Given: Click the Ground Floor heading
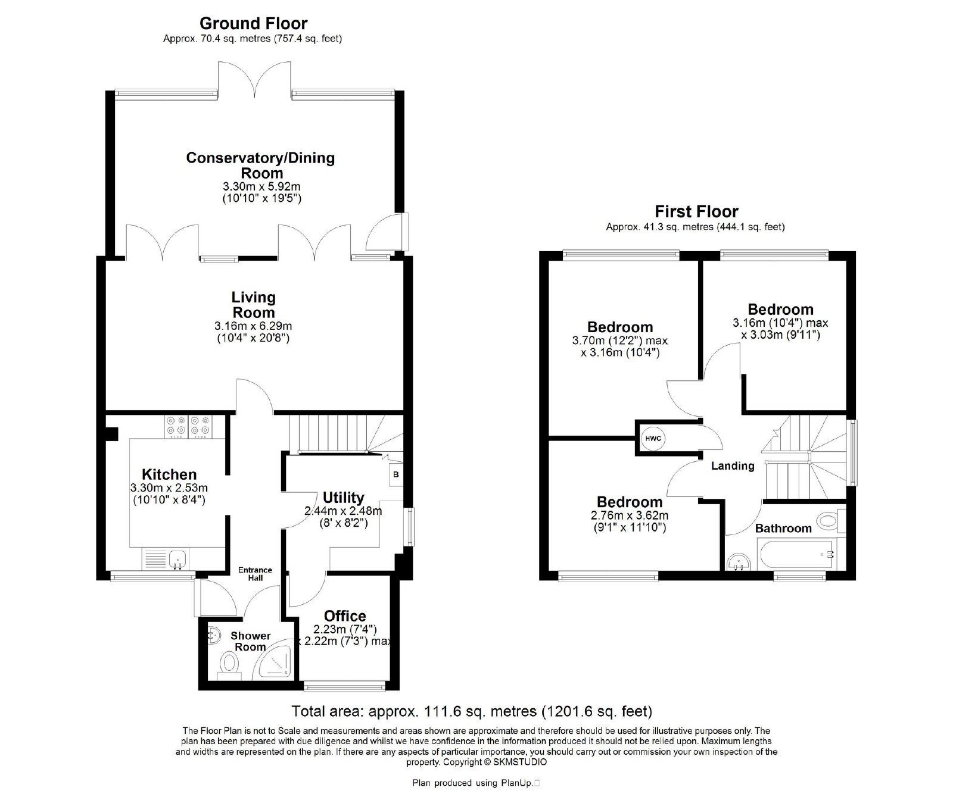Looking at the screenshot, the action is (x=253, y=23).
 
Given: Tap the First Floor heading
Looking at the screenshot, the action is (x=696, y=211).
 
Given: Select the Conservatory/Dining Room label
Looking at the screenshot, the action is (x=261, y=165).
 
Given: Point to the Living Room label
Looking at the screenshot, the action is (x=254, y=305).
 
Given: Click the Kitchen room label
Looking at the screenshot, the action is (x=169, y=474).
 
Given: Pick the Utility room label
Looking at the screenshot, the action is (x=343, y=497).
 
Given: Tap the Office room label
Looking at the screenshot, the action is (x=345, y=616).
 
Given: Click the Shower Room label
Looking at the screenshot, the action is (x=251, y=641).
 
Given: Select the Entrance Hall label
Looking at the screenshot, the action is (x=255, y=574).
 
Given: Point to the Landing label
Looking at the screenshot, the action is (x=733, y=466).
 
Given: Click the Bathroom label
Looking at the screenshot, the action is (x=783, y=528).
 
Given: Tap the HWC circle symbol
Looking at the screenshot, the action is (x=653, y=439).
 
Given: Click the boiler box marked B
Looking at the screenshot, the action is (x=396, y=475).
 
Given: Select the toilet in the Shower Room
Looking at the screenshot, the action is (x=229, y=665).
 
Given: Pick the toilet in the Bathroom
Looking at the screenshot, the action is (x=831, y=521).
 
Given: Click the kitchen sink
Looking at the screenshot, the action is (x=177, y=559).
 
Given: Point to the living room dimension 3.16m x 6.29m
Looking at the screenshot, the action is (x=253, y=326).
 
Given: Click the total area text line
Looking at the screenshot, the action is (x=472, y=711).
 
